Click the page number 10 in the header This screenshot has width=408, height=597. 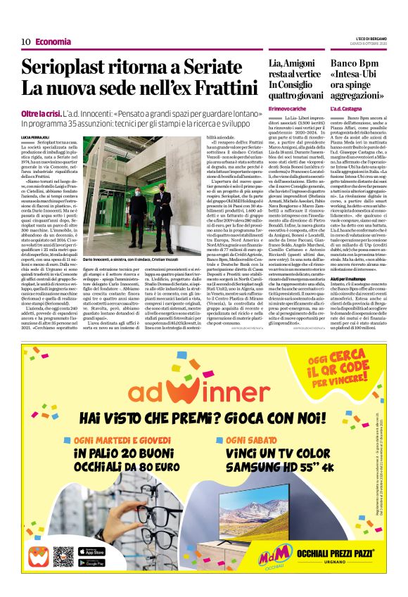point(25,41)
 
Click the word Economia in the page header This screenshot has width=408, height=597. point(53,41)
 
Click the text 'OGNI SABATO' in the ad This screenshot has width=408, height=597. point(253,439)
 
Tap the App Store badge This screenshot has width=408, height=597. point(93,551)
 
